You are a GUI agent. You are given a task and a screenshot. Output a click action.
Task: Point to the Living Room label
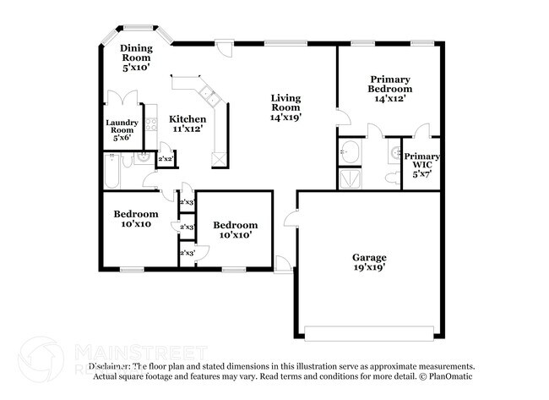tap(285, 107)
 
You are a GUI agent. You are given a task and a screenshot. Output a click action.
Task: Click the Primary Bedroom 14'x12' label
tap(389, 88)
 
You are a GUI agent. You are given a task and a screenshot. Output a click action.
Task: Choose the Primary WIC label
tap(420, 165)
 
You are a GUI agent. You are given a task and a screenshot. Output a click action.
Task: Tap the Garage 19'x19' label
tap(369, 262)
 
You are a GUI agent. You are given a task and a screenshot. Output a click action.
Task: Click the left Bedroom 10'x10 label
tap(135, 219)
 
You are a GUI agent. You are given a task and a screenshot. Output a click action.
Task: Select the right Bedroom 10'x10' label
tap(234, 229)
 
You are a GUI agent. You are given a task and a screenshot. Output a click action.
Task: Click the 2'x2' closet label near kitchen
tap(166, 159)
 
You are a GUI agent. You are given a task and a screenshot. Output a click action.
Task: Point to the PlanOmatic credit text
tap(448, 375)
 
